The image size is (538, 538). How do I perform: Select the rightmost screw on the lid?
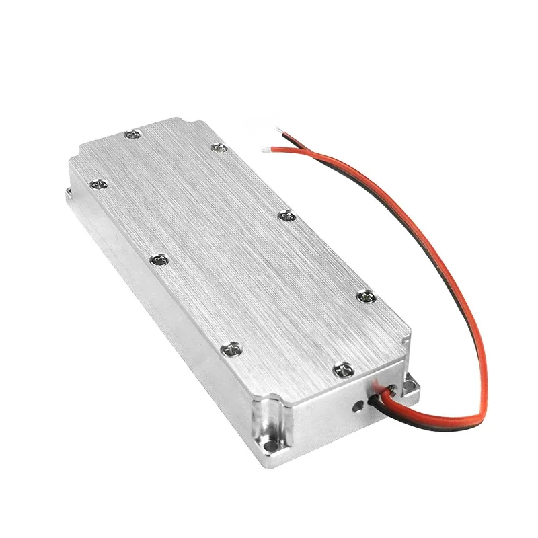(x=367, y=294)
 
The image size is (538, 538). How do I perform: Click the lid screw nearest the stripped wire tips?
(x=218, y=146)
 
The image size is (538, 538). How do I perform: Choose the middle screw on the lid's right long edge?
(x=286, y=216)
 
